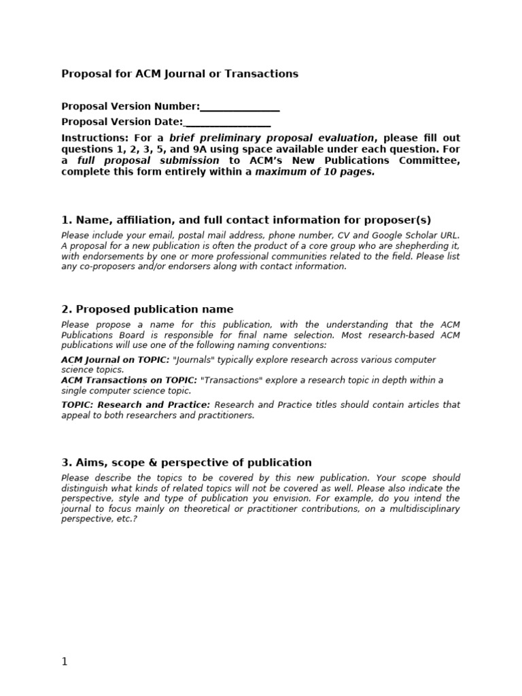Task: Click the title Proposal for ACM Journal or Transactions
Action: (179, 74)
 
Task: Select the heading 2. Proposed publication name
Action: (147, 309)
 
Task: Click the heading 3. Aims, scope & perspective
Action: (186, 463)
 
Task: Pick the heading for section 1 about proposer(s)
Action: (246, 220)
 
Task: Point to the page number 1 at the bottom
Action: (65, 662)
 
